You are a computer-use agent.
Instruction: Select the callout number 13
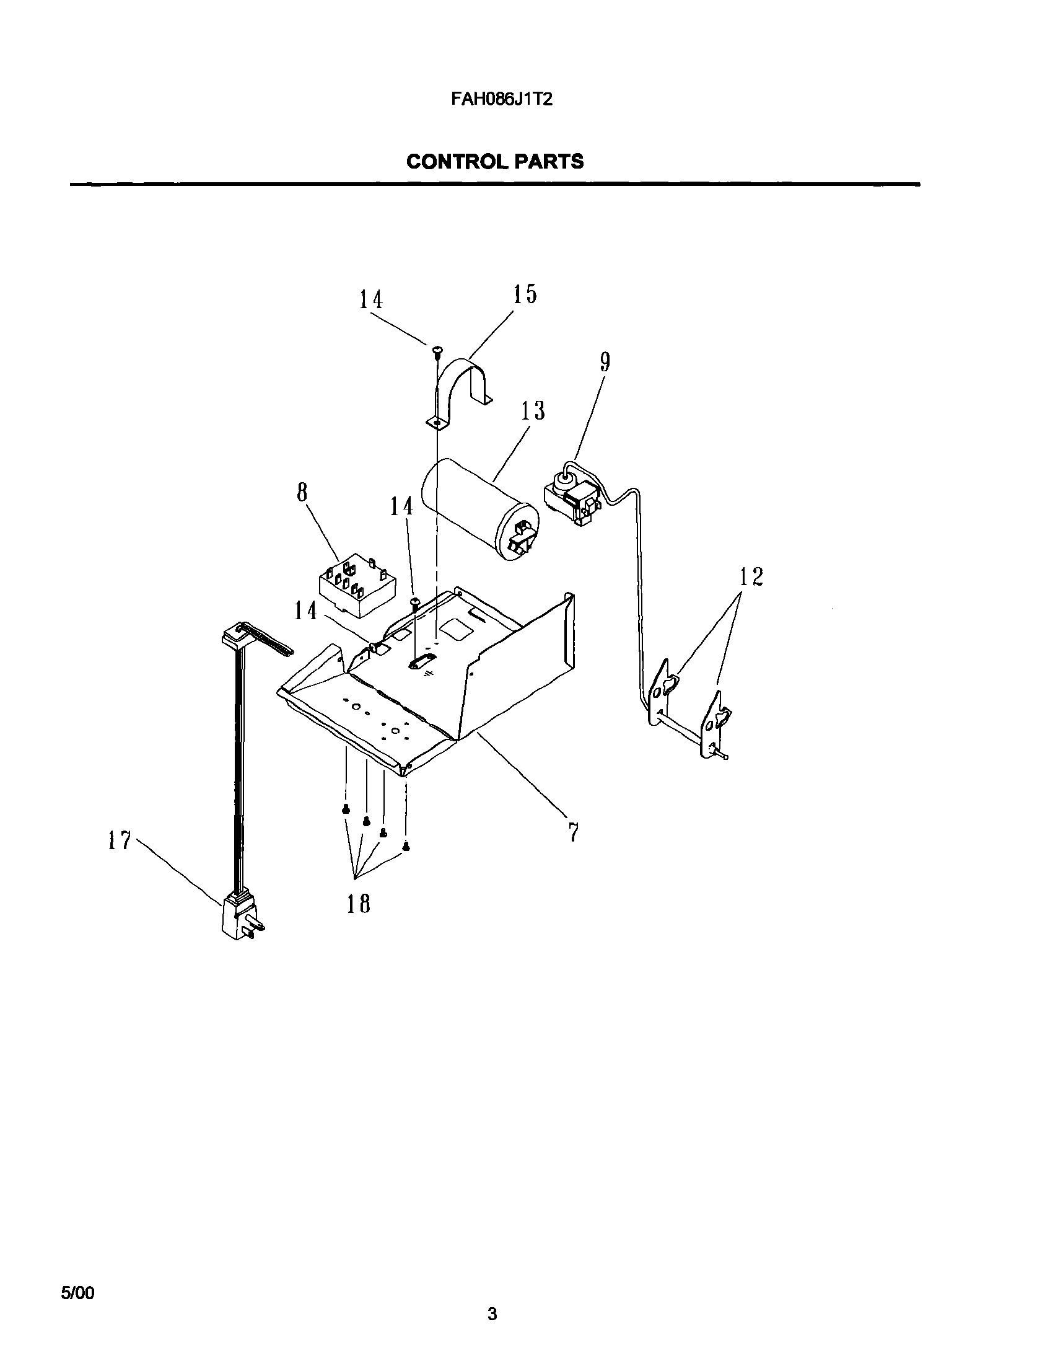533,411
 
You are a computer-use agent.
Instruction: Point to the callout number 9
605,363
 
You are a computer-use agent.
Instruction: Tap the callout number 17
119,841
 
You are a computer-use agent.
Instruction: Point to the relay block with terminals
357,587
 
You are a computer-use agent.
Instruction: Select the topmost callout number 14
370,300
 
